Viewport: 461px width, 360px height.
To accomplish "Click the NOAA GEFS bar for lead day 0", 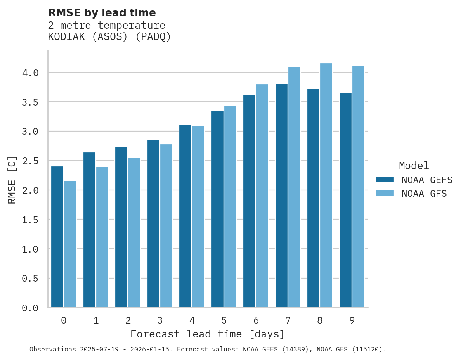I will click(x=57, y=237).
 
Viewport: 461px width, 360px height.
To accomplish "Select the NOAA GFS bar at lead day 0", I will click(x=70, y=244).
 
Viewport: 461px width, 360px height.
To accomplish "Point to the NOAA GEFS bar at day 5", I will click(x=217, y=209).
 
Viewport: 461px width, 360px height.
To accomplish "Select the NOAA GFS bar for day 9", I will click(x=358, y=187).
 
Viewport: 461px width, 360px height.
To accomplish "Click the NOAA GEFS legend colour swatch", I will click(x=385, y=180).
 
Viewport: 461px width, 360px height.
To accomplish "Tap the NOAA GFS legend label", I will click(x=424, y=194).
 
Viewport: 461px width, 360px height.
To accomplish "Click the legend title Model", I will click(x=414, y=166).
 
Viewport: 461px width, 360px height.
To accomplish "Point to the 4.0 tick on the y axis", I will click(x=30, y=73).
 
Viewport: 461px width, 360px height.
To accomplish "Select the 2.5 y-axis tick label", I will click(x=30, y=161).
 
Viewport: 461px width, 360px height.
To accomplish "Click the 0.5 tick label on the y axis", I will click(x=30, y=279).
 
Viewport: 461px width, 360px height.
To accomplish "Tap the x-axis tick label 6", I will click(x=256, y=320).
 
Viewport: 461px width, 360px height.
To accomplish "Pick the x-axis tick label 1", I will click(x=96, y=320).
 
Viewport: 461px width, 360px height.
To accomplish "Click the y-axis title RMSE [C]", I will click(x=12, y=180).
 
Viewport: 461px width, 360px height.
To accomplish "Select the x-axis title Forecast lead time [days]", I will click(x=208, y=334).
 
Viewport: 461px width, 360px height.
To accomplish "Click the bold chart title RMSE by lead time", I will click(x=102, y=13).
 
